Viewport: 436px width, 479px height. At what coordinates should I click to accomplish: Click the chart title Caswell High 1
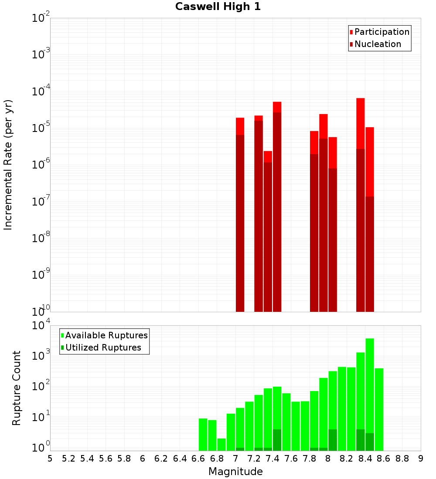pos(218,7)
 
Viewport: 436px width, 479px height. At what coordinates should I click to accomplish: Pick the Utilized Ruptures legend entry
pos(103,347)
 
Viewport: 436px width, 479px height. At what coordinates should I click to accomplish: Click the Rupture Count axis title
pos(17,388)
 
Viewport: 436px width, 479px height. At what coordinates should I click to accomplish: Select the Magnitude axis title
pos(235,472)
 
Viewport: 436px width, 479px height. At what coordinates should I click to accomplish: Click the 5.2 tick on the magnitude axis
pos(68,459)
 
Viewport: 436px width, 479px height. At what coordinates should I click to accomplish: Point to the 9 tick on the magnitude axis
pos(420,459)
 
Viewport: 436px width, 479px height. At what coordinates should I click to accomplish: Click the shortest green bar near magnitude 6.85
pos(221,444)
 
